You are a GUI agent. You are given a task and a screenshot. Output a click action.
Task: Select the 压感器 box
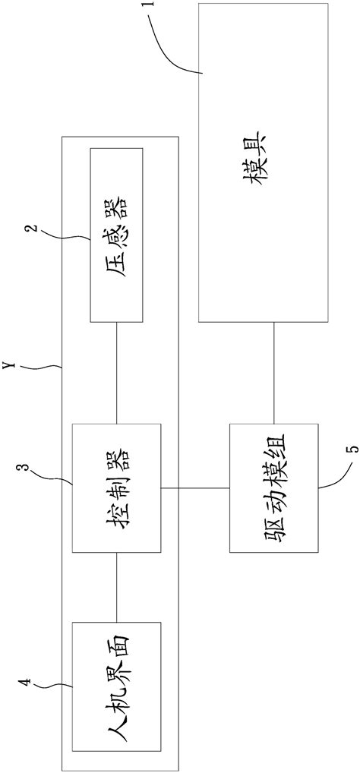pos(115,234)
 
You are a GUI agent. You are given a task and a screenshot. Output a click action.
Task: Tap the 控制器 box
pos(115,487)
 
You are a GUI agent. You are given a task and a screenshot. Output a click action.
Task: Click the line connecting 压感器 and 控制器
pos(115,372)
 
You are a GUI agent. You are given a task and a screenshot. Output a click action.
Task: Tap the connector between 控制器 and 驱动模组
pos(194,487)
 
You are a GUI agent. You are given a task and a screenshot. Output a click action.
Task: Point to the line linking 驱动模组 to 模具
pos(273,373)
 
